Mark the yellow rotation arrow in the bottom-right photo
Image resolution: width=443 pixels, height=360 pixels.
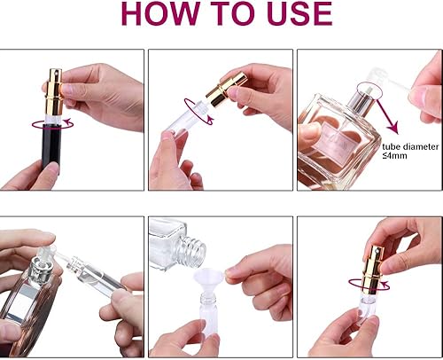(376, 292)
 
